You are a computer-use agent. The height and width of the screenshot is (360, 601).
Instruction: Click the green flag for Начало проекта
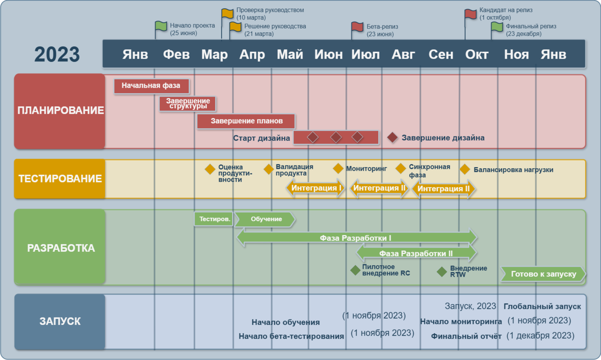tap(161, 26)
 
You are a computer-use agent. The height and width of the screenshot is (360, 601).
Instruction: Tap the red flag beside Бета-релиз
tap(357, 27)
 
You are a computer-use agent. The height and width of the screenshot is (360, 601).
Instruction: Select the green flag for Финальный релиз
tap(497, 27)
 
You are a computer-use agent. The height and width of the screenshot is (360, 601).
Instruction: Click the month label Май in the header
tap(290, 55)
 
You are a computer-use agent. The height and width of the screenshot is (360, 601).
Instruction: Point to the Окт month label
tap(477, 55)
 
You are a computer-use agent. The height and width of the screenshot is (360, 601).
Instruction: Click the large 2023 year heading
tap(57, 55)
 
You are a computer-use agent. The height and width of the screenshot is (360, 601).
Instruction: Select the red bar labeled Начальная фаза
tap(151, 86)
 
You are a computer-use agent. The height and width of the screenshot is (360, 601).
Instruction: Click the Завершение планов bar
tap(246, 121)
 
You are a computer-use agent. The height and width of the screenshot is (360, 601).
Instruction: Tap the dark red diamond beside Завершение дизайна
tap(392, 137)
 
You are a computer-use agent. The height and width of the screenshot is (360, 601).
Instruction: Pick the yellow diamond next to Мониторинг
tap(338, 169)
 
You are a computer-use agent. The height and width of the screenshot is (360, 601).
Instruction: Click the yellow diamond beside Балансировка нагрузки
tap(465, 170)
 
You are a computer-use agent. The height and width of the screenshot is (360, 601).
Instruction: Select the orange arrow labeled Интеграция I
tap(316, 189)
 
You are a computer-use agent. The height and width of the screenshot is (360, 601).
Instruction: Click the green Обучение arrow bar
tap(265, 220)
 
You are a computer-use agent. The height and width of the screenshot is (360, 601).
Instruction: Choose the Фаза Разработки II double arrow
tap(416, 253)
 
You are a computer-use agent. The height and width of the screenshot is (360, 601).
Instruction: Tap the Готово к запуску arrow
tap(543, 274)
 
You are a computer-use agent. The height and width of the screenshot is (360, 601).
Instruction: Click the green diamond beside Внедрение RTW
tap(442, 272)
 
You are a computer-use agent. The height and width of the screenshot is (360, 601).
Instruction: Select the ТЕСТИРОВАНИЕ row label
tap(60, 179)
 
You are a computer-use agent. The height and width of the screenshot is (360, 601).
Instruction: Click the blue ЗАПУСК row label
tap(60, 321)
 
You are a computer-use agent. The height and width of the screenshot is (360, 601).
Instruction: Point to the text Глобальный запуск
tap(542, 306)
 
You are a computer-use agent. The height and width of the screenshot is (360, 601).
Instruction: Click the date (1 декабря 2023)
tap(540, 336)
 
